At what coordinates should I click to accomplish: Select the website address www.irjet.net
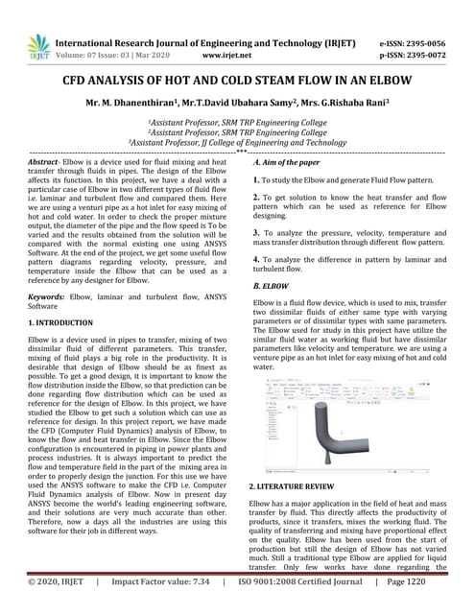pyautogui.click(x=227, y=56)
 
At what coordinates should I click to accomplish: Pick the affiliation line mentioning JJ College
pyautogui.click(x=237, y=142)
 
